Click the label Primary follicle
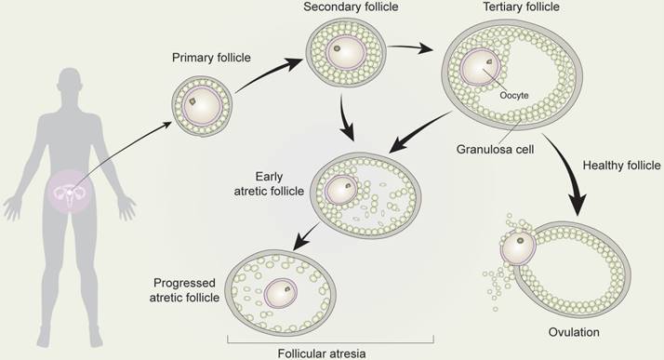pyautogui.click(x=211, y=58)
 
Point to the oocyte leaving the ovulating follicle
pyautogui.click(x=519, y=248)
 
